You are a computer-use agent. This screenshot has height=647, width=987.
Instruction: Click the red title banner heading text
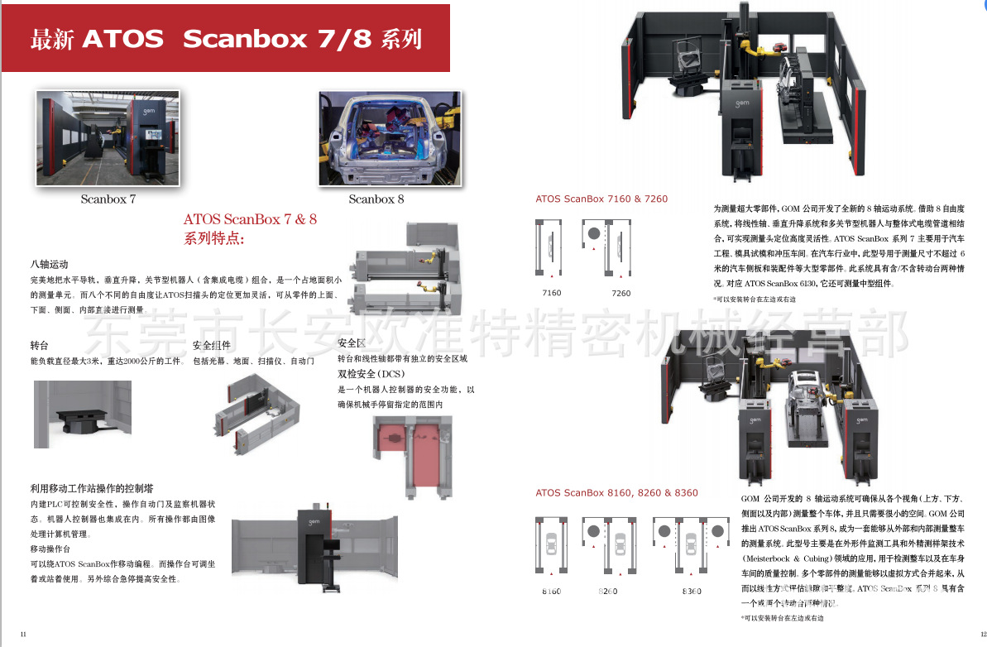click(x=226, y=39)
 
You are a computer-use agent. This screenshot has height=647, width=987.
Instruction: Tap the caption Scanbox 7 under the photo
click(x=108, y=199)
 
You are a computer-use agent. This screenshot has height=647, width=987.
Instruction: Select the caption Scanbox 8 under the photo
click(x=376, y=199)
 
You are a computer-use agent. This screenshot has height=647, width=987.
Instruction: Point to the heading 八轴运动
click(x=49, y=265)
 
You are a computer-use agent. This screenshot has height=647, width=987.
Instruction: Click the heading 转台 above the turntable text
click(x=40, y=345)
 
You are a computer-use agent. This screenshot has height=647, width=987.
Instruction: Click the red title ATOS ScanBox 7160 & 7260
click(x=601, y=199)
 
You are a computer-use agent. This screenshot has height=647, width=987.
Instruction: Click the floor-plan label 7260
click(x=620, y=294)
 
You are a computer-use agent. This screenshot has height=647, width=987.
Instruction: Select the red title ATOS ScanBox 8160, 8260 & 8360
click(x=616, y=493)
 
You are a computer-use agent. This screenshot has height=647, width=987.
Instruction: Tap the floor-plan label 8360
click(x=692, y=592)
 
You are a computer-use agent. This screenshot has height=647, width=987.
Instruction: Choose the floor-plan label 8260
click(x=609, y=592)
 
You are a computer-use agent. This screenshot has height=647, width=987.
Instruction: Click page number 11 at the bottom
click(x=23, y=635)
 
